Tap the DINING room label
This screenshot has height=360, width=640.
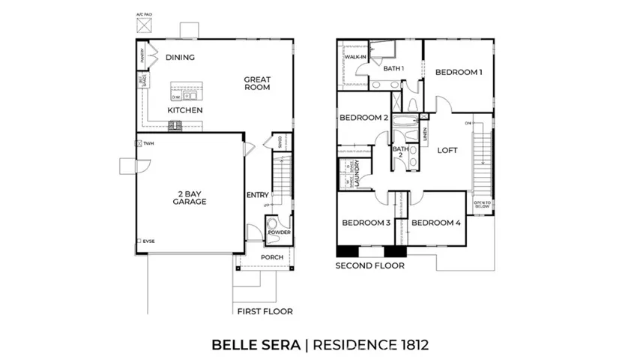pos(180,57)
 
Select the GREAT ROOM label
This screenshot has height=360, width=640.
pos(256,83)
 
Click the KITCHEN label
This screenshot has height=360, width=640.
pos(184,110)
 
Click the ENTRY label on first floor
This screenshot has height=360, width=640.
pos(257,195)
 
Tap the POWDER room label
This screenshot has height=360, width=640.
pos(279,232)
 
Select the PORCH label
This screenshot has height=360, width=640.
pos(271,257)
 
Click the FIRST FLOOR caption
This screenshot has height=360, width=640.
pos(265,311)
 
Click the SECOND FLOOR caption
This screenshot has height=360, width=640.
pos(369,265)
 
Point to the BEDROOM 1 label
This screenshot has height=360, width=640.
pos(458,72)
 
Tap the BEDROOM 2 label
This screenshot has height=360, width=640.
pos(363,118)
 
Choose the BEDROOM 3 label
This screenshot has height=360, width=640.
pos(366,223)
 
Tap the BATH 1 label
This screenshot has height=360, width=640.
pos(393,69)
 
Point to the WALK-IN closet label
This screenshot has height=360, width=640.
pos(354,57)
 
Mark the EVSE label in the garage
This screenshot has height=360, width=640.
pos(149,241)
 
